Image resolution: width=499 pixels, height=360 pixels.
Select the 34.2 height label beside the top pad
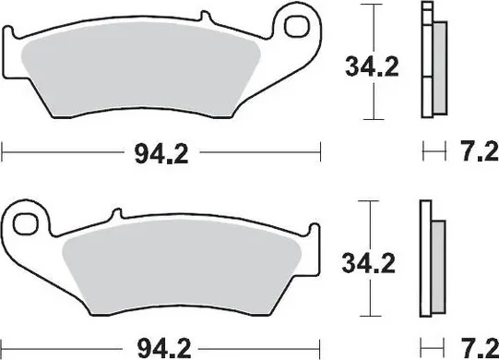click(x=370, y=67)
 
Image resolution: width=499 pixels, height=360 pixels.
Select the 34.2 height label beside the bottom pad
click(x=370, y=263)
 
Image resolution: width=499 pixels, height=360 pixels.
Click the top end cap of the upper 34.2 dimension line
click(x=370, y=5)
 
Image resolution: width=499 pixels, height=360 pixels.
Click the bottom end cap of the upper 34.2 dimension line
click(x=370, y=119)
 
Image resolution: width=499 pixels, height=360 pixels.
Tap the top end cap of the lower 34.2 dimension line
click(x=370, y=200)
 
